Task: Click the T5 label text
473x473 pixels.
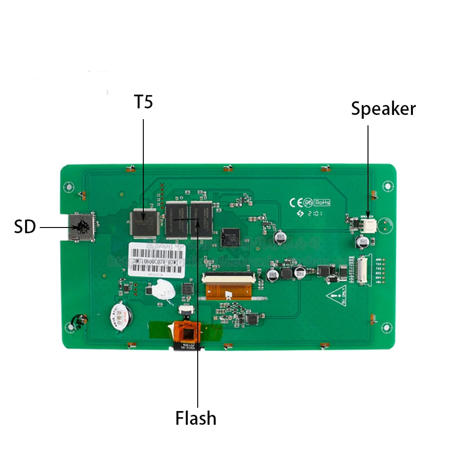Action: coord(144,102)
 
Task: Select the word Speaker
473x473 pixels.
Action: coord(383,109)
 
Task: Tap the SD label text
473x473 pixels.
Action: coord(25,227)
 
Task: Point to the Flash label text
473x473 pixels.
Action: coord(196,418)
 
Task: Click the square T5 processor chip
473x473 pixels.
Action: coord(144,223)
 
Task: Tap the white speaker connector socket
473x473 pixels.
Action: coord(368,225)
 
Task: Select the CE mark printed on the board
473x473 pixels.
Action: coord(296,202)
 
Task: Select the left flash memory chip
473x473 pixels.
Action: coord(176,218)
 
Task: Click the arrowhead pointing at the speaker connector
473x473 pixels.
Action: coord(368,216)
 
